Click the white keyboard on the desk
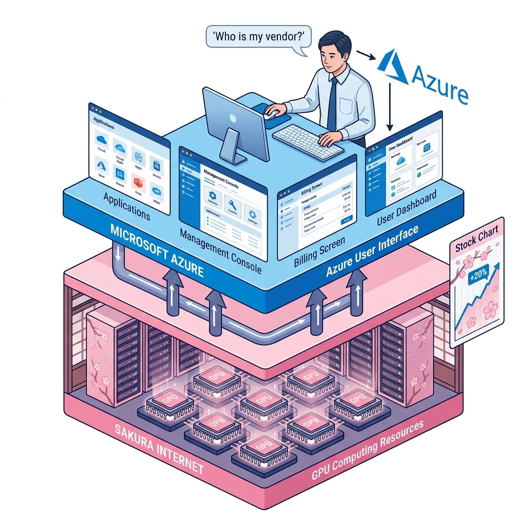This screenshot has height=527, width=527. [x=307, y=139]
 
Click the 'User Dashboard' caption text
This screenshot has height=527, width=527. [x=407, y=207]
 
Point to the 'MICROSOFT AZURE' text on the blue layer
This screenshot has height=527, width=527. [x=157, y=251]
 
